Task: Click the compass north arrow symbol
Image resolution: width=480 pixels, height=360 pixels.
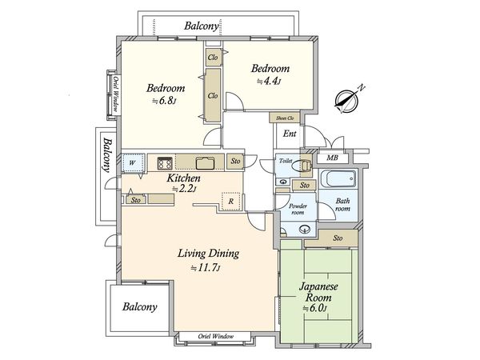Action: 347,101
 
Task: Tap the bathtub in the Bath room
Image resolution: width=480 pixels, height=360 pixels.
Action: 338,178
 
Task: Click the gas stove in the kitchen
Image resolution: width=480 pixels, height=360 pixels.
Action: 164,163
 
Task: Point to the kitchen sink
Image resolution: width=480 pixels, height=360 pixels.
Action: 206,163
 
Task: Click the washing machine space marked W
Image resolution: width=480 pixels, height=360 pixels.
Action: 133,163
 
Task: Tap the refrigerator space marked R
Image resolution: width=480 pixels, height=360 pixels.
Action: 231,202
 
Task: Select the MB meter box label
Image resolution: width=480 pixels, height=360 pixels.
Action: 332,158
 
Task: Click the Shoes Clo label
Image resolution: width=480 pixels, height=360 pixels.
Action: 285,118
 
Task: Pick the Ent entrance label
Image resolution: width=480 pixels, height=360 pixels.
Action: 290,134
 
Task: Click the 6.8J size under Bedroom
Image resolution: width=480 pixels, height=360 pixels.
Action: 164,101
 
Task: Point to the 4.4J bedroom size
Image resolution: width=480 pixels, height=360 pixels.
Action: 269,81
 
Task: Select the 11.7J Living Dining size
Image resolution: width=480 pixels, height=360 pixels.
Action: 206,268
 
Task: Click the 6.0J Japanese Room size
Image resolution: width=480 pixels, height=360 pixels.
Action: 315,308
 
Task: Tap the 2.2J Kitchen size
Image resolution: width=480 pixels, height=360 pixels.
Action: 184,189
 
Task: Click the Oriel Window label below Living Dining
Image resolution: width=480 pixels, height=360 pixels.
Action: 215,336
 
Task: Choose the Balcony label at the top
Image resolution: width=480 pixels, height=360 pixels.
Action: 202,26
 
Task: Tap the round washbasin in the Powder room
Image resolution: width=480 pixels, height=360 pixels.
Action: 305,228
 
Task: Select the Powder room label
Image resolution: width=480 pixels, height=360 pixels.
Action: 298,209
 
